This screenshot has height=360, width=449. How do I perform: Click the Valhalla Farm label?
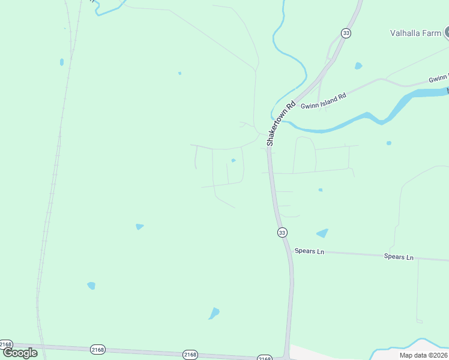click(x=415, y=34)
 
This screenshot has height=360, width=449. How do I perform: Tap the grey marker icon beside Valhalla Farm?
click(x=446, y=32)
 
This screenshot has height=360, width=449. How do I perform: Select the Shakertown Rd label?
click(x=282, y=124)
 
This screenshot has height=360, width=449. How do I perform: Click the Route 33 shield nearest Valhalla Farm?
click(x=346, y=33)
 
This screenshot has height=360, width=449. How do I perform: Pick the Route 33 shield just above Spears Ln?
click(x=282, y=232)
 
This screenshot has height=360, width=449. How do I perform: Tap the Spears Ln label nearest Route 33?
click(x=309, y=251)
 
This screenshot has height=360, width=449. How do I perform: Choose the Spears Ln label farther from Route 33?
click(x=399, y=257)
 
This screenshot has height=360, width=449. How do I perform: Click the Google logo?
click(x=20, y=353)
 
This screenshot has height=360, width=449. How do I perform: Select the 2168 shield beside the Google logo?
click(x=6, y=344)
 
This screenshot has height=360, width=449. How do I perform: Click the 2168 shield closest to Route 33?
click(x=265, y=358)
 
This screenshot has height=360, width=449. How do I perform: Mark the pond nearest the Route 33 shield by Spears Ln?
click(x=322, y=233)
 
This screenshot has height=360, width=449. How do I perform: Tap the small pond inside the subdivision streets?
click(x=234, y=160)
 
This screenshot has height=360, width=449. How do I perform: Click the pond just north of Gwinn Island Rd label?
click(x=358, y=66)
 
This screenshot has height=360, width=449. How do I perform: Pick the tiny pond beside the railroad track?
click(x=61, y=62)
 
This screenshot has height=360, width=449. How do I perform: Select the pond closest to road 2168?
click(x=214, y=313)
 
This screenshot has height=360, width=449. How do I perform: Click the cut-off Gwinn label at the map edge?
click(x=439, y=79)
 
